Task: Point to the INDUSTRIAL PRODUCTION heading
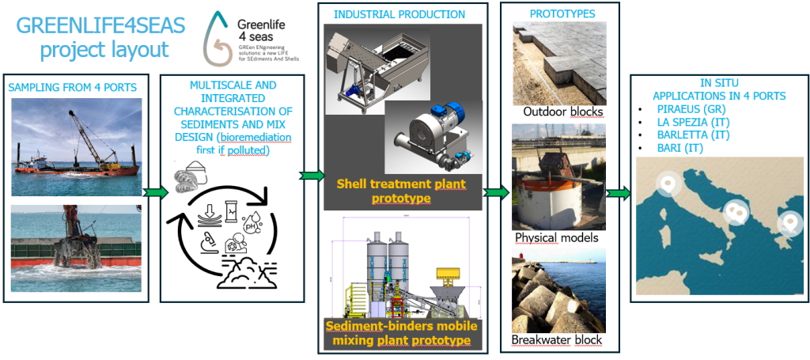pyautogui.click(x=399, y=14)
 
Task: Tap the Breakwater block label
pyautogui.click(x=557, y=340)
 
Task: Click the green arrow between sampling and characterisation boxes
pyautogui.click(x=155, y=191)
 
